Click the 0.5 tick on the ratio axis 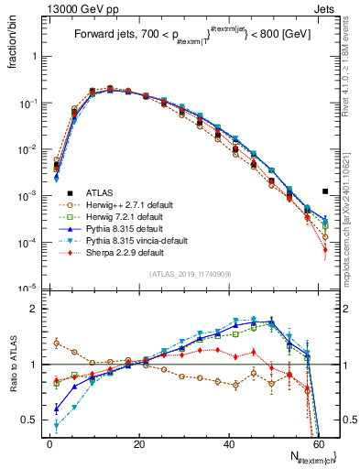(x=29, y=420)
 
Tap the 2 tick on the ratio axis (x=35, y=309)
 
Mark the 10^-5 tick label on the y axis (x=27, y=289)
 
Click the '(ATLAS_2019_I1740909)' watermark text (x=191, y=274)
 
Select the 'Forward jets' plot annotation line (x=191, y=36)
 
